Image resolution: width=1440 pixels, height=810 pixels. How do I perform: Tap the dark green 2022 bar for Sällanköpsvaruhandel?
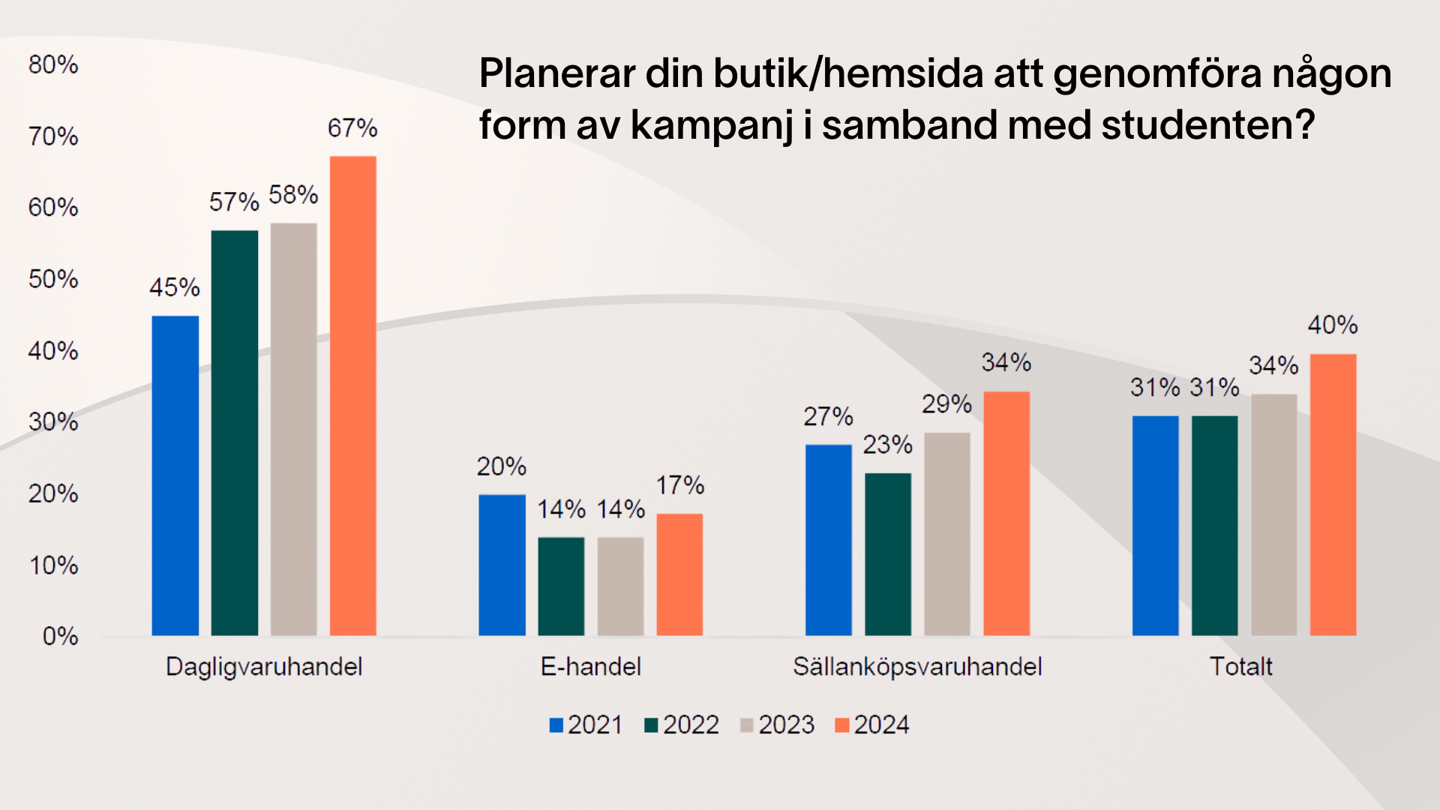[888, 554]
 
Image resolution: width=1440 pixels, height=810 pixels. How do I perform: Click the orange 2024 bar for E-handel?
[679, 574]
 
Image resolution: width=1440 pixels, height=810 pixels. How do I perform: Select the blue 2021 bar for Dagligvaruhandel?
[175, 475]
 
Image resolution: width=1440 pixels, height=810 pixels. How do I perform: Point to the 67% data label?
[352, 128]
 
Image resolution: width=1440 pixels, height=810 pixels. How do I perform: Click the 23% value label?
[887, 445]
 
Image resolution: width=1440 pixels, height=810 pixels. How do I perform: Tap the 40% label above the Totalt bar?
[1333, 325]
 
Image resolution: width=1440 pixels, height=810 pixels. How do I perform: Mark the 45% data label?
[174, 287]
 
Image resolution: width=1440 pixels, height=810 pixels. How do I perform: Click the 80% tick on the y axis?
[53, 64]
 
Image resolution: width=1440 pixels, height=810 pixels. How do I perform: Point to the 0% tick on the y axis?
[60, 637]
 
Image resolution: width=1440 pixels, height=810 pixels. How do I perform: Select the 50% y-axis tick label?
[53, 279]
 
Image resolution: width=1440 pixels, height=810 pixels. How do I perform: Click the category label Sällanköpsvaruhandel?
[917, 667]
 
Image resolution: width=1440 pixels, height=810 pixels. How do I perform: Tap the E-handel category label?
[590, 667]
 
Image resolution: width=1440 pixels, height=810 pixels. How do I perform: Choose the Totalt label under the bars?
[1240, 667]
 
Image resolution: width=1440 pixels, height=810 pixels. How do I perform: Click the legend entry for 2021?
[586, 725]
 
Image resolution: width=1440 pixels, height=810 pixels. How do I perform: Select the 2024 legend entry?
[872, 725]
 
